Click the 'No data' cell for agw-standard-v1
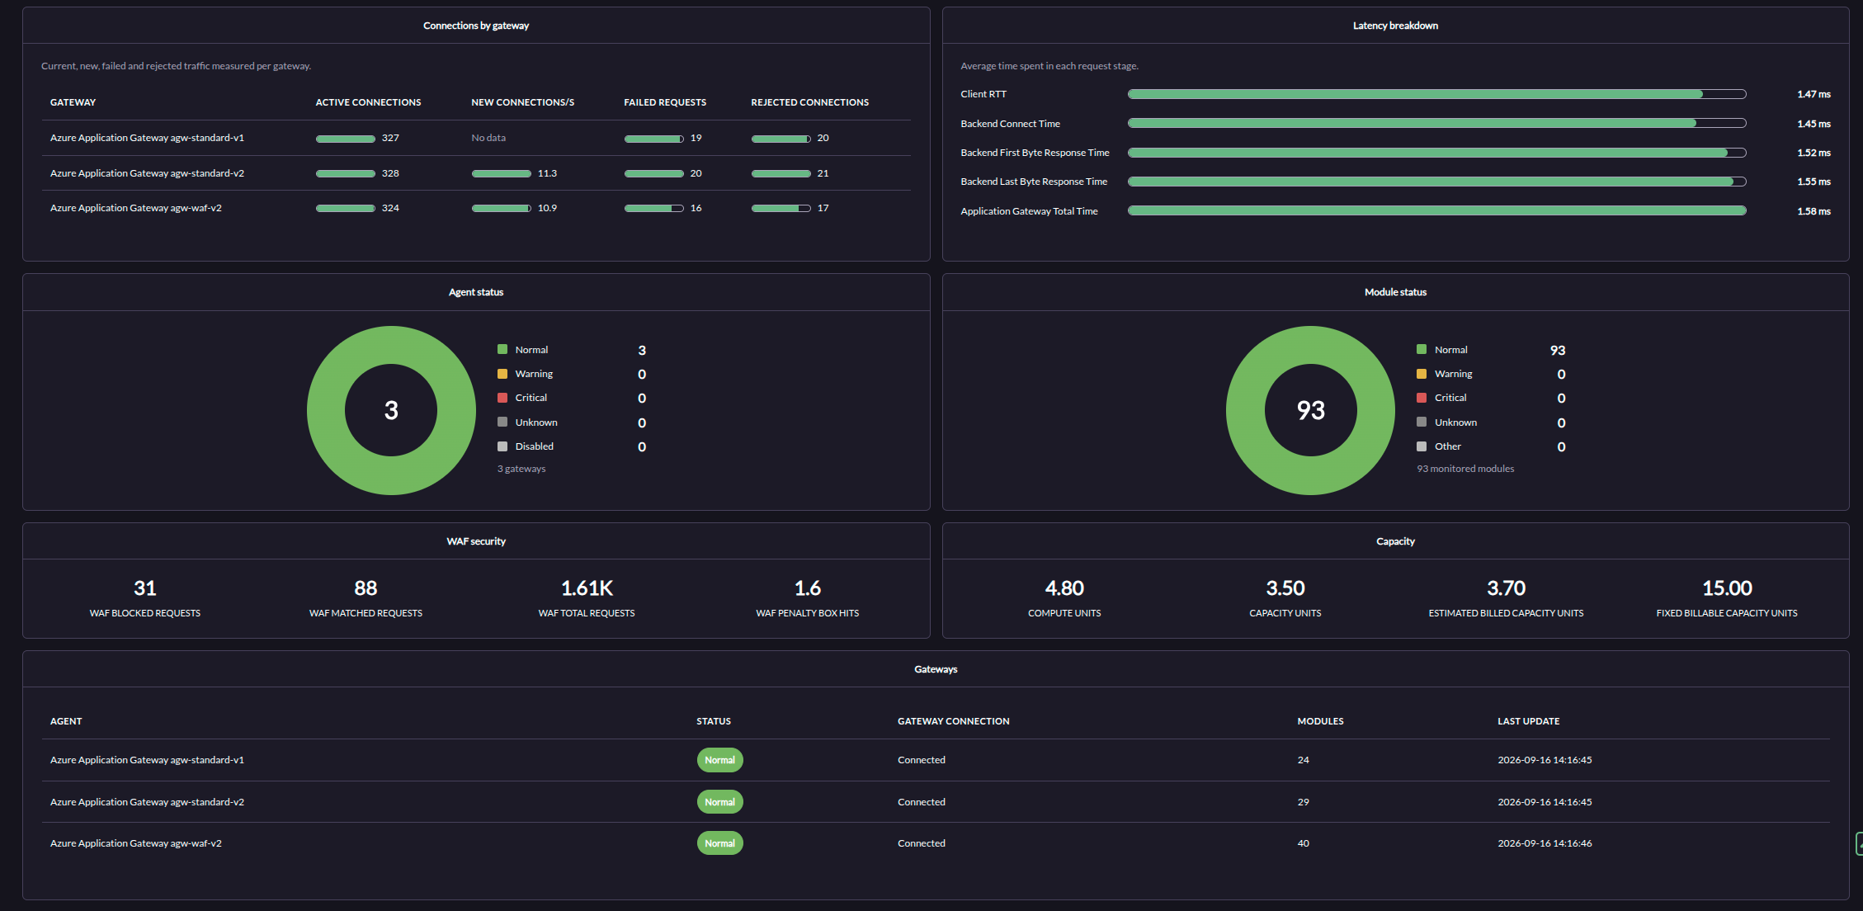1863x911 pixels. [x=488, y=138]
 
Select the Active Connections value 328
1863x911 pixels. [x=390, y=173]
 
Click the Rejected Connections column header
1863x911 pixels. [x=809, y=102]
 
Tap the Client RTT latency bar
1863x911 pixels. [x=1436, y=94]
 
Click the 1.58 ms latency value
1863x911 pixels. [x=1813, y=211]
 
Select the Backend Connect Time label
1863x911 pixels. [x=1010, y=124]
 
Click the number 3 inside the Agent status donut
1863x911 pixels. [x=391, y=410]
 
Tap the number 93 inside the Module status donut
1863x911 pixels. [x=1310, y=410]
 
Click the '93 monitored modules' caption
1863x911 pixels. [x=1465, y=469]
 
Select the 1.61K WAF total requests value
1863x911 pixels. [x=587, y=588]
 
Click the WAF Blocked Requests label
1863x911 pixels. [x=145, y=613]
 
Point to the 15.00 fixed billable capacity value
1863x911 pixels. [x=1727, y=588]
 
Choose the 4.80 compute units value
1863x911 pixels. [x=1064, y=588]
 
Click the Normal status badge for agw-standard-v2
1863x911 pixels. [x=719, y=802]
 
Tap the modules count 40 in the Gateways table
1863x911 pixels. [x=1303, y=843]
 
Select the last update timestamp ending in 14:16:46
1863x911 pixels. [x=1545, y=843]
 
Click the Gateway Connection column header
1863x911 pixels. [x=953, y=721]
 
